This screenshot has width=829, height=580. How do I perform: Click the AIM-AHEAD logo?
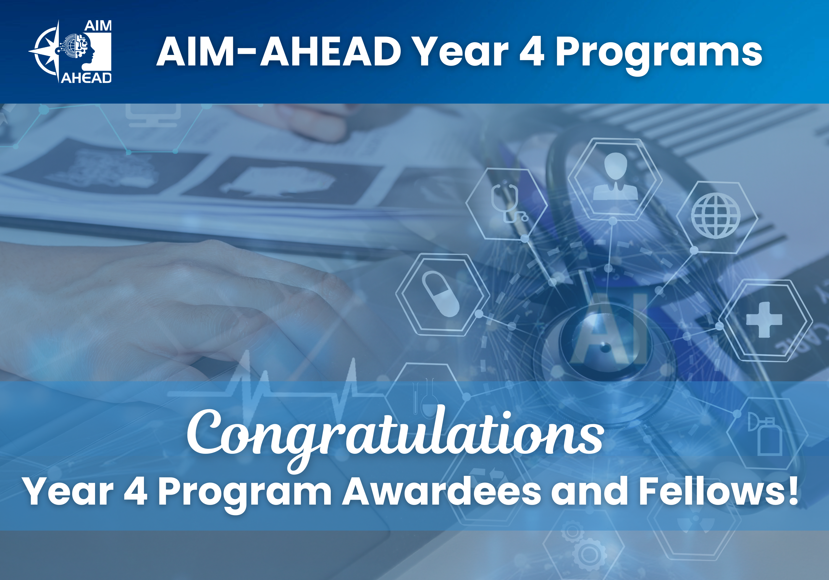click(x=71, y=52)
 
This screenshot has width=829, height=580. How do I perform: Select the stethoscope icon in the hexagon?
click(x=507, y=202)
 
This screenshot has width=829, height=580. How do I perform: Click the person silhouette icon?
click(x=615, y=177)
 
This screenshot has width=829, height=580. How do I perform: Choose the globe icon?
click(x=716, y=216)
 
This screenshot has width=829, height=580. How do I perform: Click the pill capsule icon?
click(x=440, y=294)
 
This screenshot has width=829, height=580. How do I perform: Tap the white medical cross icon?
click(x=764, y=320)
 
